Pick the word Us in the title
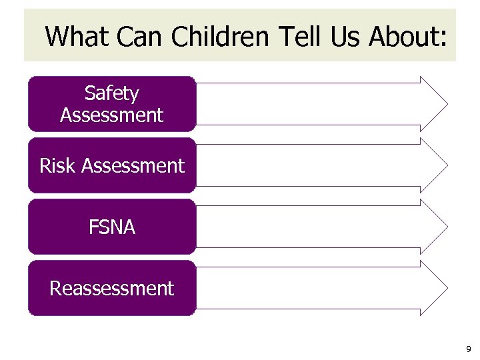(x=344, y=36)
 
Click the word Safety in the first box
(x=111, y=93)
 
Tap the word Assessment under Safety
(x=111, y=115)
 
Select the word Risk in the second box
(x=57, y=165)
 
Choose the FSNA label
(x=111, y=227)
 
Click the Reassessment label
(x=111, y=289)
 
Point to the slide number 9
(x=469, y=349)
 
